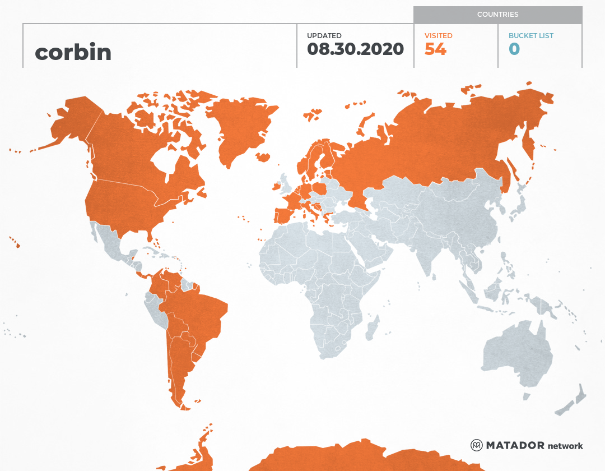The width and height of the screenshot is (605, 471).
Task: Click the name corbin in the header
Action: [x=73, y=52]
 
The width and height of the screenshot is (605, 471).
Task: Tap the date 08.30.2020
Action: [x=355, y=49]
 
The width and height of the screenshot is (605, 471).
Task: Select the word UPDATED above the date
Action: [x=324, y=36]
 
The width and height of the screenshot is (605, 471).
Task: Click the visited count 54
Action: [x=435, y=49]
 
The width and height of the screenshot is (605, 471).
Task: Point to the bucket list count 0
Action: [x=514, y=49]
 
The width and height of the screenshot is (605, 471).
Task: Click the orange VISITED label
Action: [x=438, y=36]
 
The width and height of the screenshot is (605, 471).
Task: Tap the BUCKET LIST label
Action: [x=530, y=36]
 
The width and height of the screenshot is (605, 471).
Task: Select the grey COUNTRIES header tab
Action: [x=497, y=15]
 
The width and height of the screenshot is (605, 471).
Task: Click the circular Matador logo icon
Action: [x=477, y=445]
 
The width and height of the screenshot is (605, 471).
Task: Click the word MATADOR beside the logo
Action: [x=515, y=446]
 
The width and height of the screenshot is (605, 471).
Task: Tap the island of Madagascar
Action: [x=371, y=329]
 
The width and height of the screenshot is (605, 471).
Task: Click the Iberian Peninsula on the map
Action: [x=285, y=214]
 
